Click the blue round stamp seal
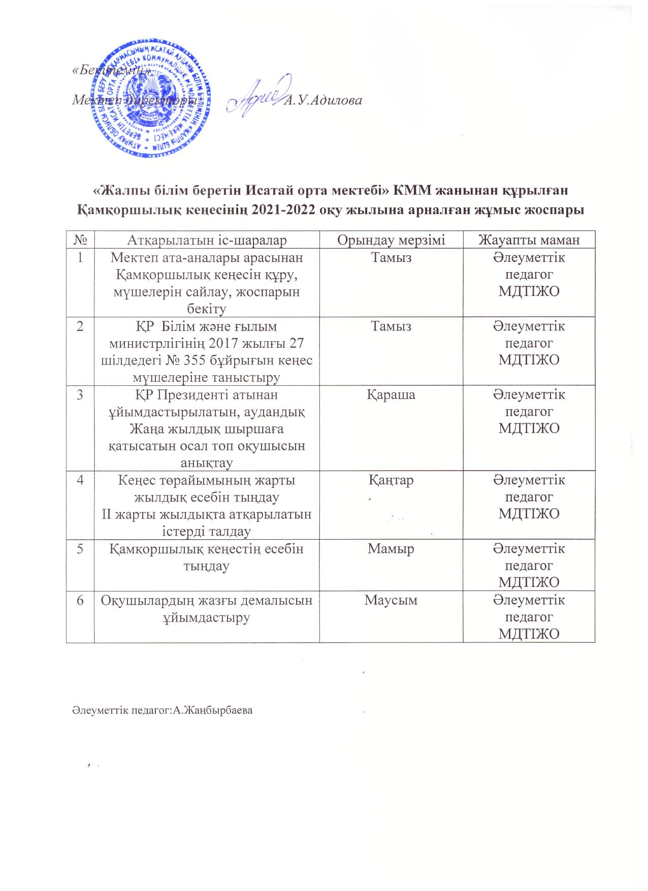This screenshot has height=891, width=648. [x=151, y=97]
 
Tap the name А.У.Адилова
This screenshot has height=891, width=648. [x=323, y=101]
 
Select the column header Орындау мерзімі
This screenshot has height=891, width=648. [x=391, y=240]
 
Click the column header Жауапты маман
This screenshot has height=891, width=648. [x=529, y=240]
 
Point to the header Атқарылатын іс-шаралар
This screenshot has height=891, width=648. [x=207, y=240]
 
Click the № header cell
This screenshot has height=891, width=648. [x=80, y=240]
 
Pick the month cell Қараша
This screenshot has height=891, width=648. [x=391, y=394]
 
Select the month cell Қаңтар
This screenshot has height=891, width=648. [x=391, y=480]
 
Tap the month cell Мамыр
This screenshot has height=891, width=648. [x=391, y=549]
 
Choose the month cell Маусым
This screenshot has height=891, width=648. [x=391, y=600]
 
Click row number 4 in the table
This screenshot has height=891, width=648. [x=80, y=480]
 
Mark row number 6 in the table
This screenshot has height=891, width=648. [x=80, y=600]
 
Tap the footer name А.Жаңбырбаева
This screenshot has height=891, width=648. [x=213, y=710]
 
